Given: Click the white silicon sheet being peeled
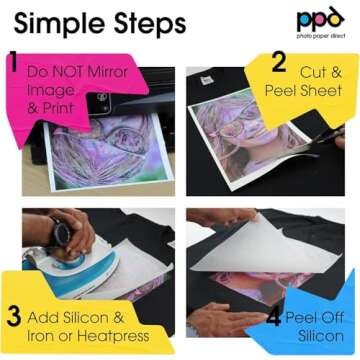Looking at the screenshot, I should click(x=270, y=245).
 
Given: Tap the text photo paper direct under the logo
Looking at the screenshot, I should click(x=320, y=38).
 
